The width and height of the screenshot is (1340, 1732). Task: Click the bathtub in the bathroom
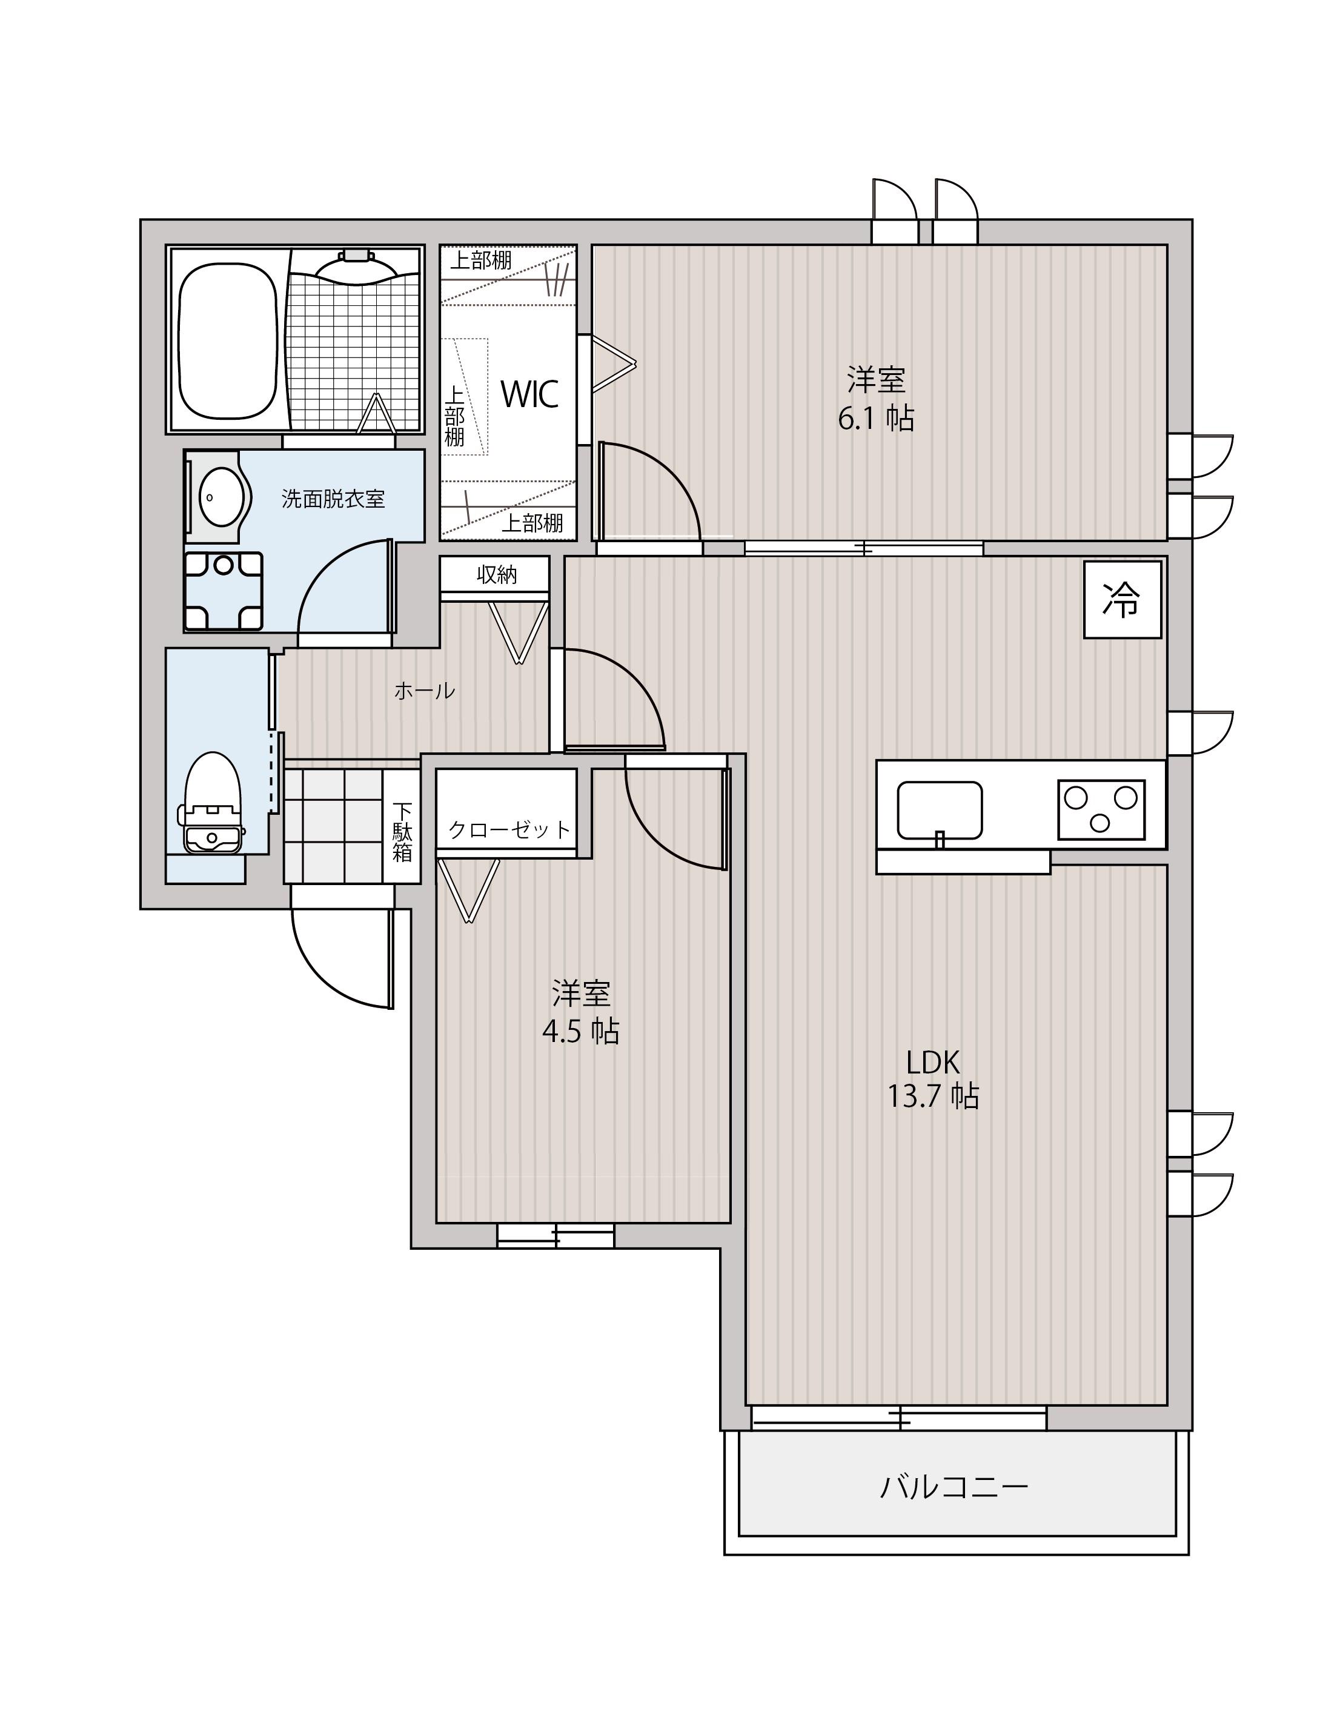(228, 340)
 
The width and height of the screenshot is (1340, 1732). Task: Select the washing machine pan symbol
(224, 590)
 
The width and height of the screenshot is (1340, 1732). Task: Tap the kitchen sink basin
(940, 811)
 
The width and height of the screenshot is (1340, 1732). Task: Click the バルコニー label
(955, 1486)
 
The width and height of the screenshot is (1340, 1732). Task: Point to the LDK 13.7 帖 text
(934, 1078)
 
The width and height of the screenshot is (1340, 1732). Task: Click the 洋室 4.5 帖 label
(581, 1012)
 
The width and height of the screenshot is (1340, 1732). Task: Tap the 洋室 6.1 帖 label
(876, 399)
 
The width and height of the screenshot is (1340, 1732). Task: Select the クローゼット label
(509, 829)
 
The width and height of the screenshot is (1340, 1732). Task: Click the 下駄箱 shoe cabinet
(402, 826)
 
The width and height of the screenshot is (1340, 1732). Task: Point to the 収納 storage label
(496, 574)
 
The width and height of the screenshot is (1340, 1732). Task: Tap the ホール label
(425, 691)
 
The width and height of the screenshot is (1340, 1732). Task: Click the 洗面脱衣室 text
(333, 499)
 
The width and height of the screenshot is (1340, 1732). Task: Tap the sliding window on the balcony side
(899, 1417)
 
